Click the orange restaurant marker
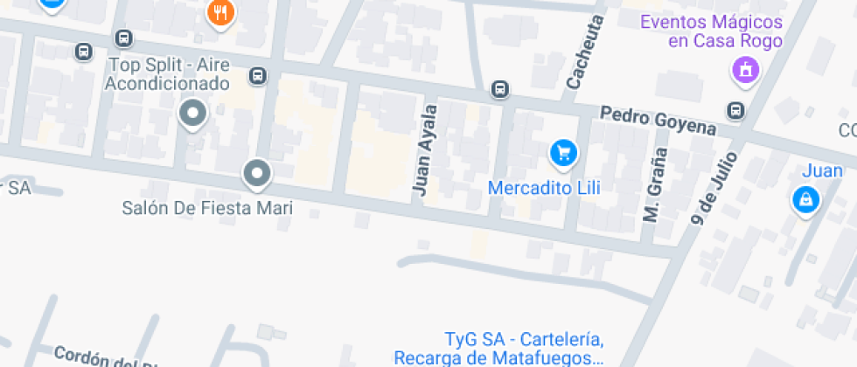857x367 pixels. [219, 13]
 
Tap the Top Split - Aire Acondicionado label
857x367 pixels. [166, 74]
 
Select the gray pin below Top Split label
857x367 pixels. [192, 114]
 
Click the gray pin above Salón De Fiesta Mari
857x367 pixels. [256, 174]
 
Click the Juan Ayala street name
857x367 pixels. [425, 149]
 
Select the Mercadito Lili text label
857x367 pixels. [538, 187]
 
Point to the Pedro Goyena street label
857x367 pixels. [658, 121]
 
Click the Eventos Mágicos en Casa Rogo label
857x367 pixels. [711, 31]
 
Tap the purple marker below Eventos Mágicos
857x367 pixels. [745, 68]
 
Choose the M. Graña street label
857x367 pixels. [655, 184]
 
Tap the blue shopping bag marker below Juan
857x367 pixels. [803, 200]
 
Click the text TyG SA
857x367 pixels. [475, 339]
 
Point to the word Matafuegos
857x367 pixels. [549, 357]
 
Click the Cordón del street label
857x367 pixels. [96, 358]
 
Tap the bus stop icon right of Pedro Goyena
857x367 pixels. [736, 110]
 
